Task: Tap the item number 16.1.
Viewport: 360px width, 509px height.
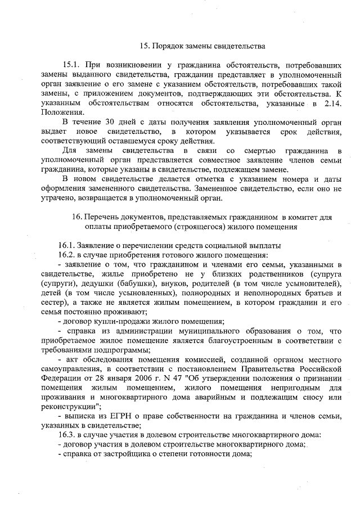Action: click(67, 246)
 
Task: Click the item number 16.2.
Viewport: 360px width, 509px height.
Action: click(67, 255)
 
